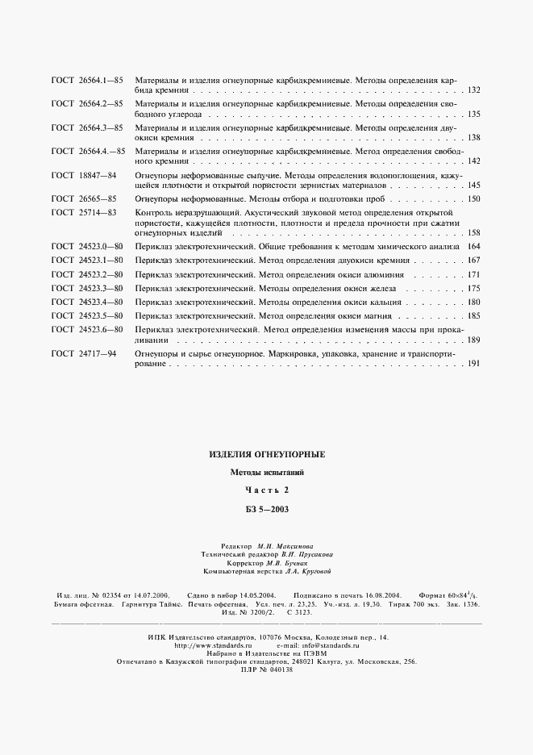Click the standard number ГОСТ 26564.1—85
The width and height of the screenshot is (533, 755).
(x=87, y=81)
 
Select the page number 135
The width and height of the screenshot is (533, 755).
(x=473, y=115)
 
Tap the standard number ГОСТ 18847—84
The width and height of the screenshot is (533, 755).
(x=84, y=174)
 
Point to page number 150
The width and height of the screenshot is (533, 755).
(x=473, y=198)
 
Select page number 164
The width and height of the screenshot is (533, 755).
(x=473, y=247)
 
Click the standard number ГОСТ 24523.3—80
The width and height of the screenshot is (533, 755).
(x=87, y=288)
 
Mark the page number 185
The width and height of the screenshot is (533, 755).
(x=473, y=315)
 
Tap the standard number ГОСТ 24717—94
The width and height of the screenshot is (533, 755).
(x=84, y=353)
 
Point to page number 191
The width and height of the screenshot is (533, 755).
(x=473, y=364)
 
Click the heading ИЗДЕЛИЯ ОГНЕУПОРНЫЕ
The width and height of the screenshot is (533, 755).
(x=266, y=455)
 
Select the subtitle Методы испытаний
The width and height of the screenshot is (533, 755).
(x=266, y=473)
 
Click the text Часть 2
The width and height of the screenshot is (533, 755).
(x=266, y=490)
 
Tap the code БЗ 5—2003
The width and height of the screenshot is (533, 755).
(x=266, y=509)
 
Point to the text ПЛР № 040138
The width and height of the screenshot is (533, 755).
(x=266, y=670)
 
